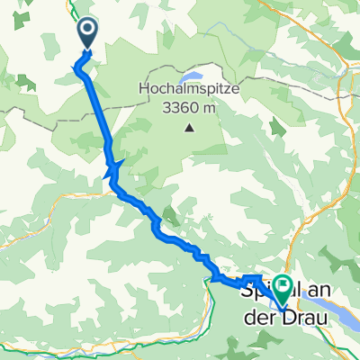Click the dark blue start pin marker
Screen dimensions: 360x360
tap(87, 34)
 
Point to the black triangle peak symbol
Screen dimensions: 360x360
tap(189, 127)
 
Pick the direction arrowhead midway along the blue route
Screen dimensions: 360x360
tap(113, 166)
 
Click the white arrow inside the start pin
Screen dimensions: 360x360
tap(87, 31)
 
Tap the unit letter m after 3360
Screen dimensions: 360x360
tap(208, 109)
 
